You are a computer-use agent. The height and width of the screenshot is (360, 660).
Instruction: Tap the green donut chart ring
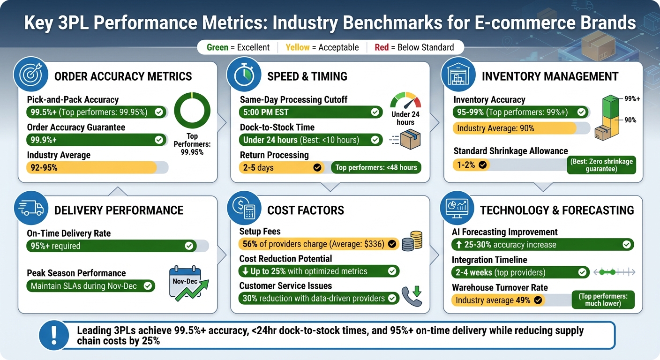(192, 112)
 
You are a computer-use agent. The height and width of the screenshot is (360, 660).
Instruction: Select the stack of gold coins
(412, 240)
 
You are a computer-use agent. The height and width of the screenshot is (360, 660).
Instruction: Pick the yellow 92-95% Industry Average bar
(91, 167)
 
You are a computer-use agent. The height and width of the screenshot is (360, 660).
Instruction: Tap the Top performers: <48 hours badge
(376, 167)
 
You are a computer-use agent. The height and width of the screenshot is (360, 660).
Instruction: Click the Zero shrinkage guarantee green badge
(601, 165)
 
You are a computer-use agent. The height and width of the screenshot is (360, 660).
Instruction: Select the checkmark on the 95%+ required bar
(189, 246)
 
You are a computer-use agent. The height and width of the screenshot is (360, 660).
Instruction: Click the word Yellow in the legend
(298, 47)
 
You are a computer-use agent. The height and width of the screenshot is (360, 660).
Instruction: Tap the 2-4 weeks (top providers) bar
(520, 272)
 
